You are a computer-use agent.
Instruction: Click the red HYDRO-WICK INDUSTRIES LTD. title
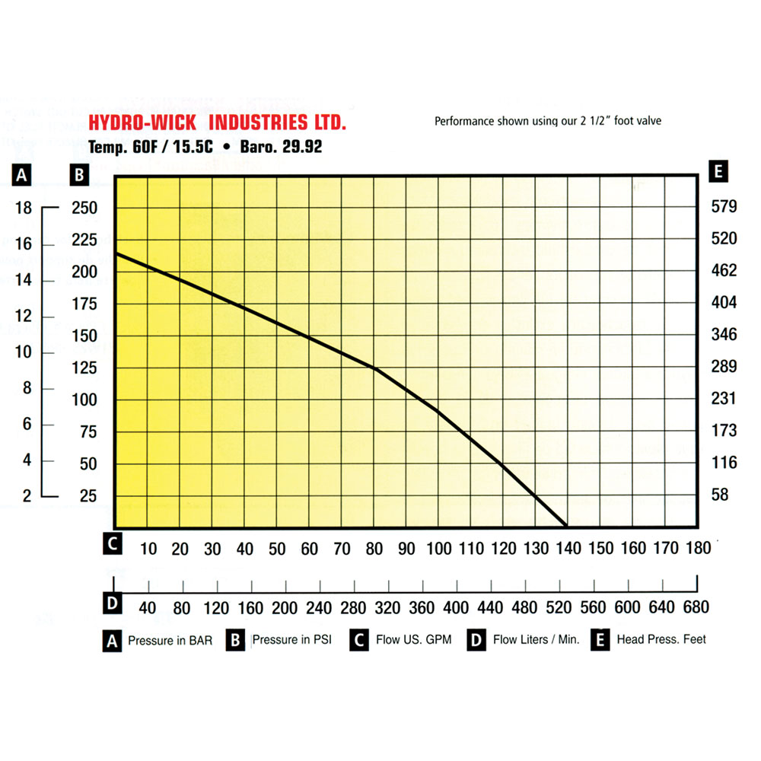[x=218, y=123]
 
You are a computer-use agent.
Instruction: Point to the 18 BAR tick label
[x=24, y=208]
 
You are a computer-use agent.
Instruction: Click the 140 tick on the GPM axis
[x=567, y=549]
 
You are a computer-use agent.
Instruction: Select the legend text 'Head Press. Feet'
[x=661, y=639]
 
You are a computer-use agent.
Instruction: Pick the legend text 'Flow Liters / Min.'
[x=536, y=639]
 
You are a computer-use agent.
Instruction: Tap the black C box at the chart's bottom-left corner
[x=112, y=544]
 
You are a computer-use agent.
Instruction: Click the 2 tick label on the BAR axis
[x=27, y=495]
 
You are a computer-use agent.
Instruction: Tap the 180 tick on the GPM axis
[x=698, y=549]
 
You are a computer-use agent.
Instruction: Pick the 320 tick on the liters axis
[x=388, y=607]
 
